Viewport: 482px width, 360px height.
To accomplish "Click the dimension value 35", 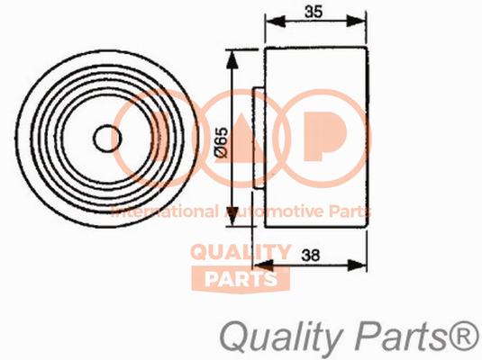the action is click(x=314, y=12).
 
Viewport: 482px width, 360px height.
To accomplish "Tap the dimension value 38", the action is click(x=311, y=255).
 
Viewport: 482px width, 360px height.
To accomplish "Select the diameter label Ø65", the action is click(x=222, y=143).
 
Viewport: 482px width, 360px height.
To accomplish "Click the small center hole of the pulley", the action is click(x=107, y=139).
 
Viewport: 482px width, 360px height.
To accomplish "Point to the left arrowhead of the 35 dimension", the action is click(x=276, y=22).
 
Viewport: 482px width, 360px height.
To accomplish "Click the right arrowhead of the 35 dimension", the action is click(x=357, y=22).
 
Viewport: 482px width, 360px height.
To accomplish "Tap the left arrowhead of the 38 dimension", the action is click(x=263, y=265).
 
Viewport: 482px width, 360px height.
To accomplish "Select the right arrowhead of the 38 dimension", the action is click(x=357, y=265).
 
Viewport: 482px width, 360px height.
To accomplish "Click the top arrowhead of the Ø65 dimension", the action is click(x=232, y=59).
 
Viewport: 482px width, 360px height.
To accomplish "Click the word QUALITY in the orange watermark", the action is click(x=241, y=253).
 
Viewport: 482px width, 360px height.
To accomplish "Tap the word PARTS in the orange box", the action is click(x=241, y=279).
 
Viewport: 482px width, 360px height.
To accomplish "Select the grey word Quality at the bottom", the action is click(x=281, y=338).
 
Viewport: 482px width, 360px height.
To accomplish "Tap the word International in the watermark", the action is click(x=165, y=211).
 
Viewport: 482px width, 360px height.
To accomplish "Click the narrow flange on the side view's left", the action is click(x=259, y=138).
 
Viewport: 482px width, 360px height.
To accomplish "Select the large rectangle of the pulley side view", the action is click(x=316, y=138).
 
